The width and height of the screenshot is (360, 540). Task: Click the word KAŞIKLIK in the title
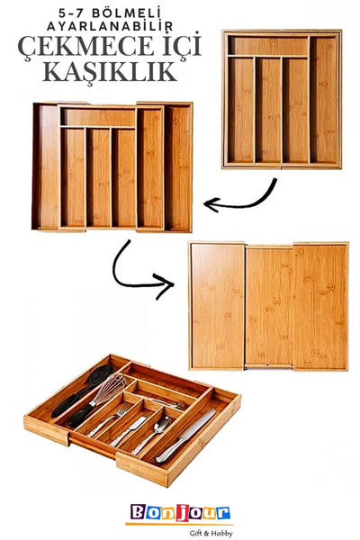[x=110, y=71]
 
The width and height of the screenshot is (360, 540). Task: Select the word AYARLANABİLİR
[x=110, y=26]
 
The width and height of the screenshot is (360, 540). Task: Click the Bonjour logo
[x=180, y=512]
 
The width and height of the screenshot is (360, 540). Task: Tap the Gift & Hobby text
[x=211, y=534]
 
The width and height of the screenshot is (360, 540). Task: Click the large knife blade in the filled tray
[x=198, y=427]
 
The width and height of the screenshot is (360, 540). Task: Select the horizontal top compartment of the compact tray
[x=267, y=46]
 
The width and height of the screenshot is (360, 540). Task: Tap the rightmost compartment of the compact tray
[x=323, y=100]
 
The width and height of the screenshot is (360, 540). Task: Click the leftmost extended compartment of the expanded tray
[x=49, y=166]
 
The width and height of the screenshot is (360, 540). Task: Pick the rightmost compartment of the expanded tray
[x=177, y=167]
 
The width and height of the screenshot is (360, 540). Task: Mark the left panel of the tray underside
[x=218, y=306]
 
